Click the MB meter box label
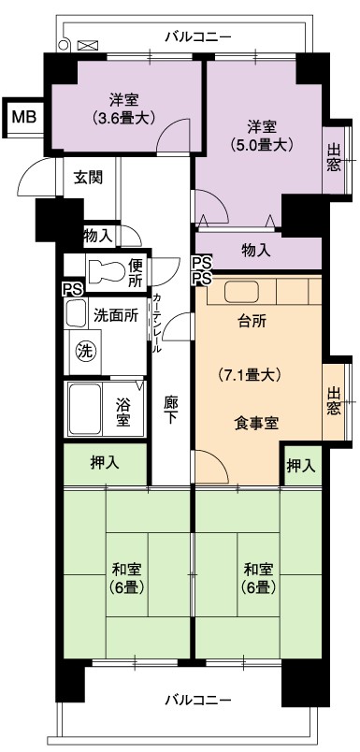24,118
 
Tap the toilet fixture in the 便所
106,271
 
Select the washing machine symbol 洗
85,352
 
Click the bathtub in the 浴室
84,408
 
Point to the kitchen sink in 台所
241,291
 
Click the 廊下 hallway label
169,410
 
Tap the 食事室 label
257,424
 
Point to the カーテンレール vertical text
156,324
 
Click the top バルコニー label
198,36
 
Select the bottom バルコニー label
198,700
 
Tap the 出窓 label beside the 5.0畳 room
334,157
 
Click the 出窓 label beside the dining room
335,400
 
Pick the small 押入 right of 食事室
301,465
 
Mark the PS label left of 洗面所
72,289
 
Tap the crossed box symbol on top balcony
87,46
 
